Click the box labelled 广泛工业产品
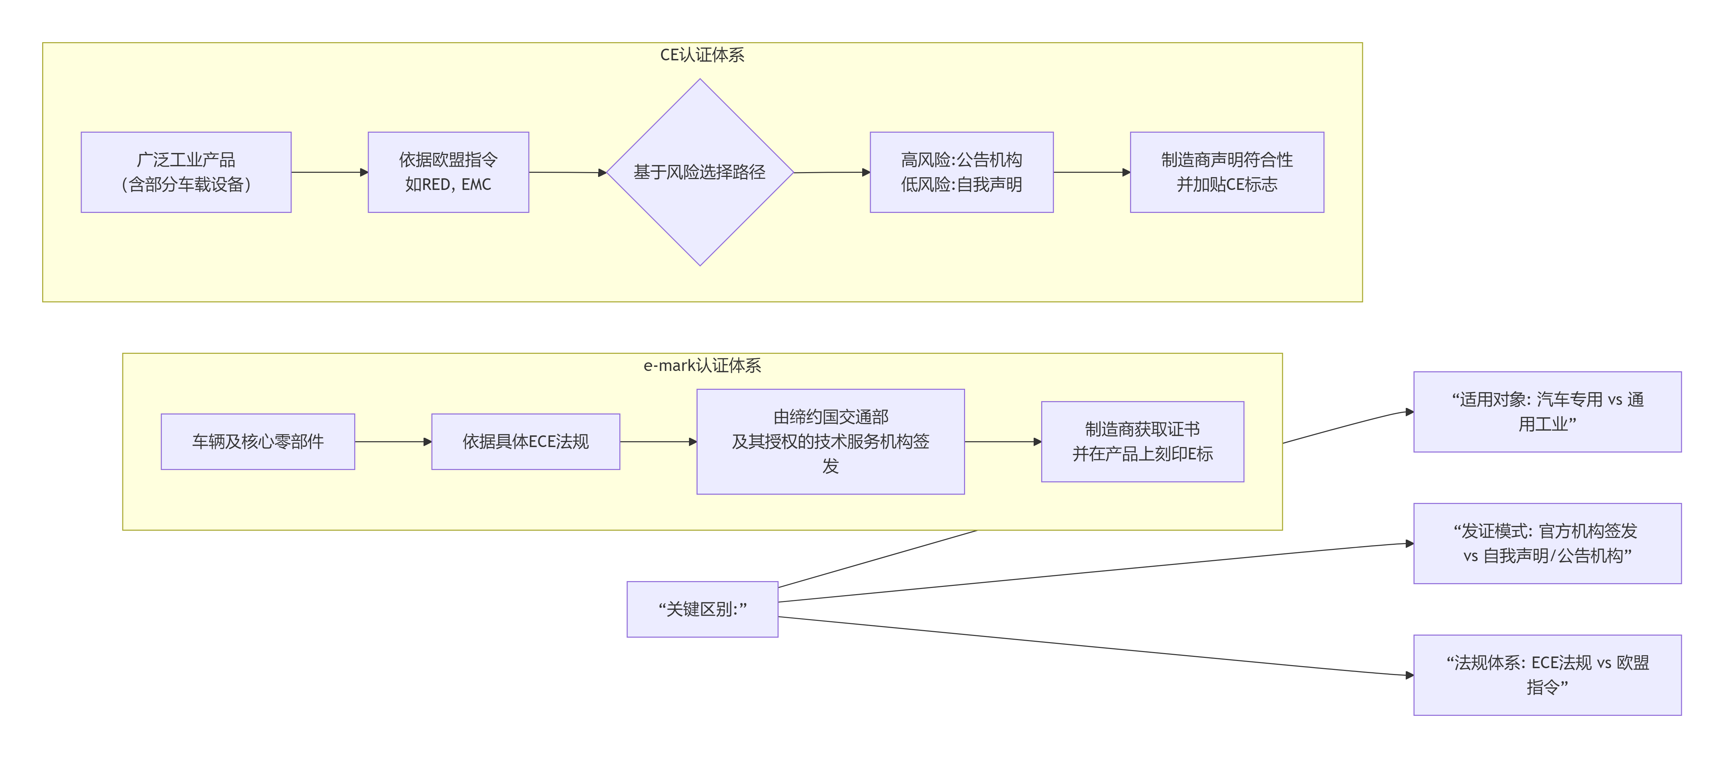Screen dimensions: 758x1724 [186, 172]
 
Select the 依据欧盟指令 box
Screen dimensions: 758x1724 [448, 172]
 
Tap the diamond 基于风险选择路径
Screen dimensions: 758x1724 [700, 172]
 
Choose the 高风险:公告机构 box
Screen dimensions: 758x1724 [961, 172]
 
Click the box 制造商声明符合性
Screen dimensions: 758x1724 [1227, 172]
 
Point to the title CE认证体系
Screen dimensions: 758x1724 [702, 55]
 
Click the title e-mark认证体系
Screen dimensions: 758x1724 [702, 365]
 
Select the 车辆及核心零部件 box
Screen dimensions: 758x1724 [258, 442]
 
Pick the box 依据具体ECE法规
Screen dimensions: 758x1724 [525, 442]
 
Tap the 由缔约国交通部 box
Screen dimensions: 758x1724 [831, 442]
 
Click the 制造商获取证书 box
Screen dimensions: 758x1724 [1142, 442]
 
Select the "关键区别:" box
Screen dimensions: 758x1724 [702, 609]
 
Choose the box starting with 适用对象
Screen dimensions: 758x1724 [1547, 411]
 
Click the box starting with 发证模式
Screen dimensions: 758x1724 [1547, 543]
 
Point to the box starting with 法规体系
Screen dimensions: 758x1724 [1547, 674]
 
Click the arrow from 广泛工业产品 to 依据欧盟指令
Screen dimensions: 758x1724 [329, 172]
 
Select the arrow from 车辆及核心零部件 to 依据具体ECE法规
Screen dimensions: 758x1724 [393, 442]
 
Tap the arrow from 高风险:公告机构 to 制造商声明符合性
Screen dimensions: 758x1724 [1092, 172]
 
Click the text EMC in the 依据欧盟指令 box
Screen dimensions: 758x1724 [476, 185]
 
